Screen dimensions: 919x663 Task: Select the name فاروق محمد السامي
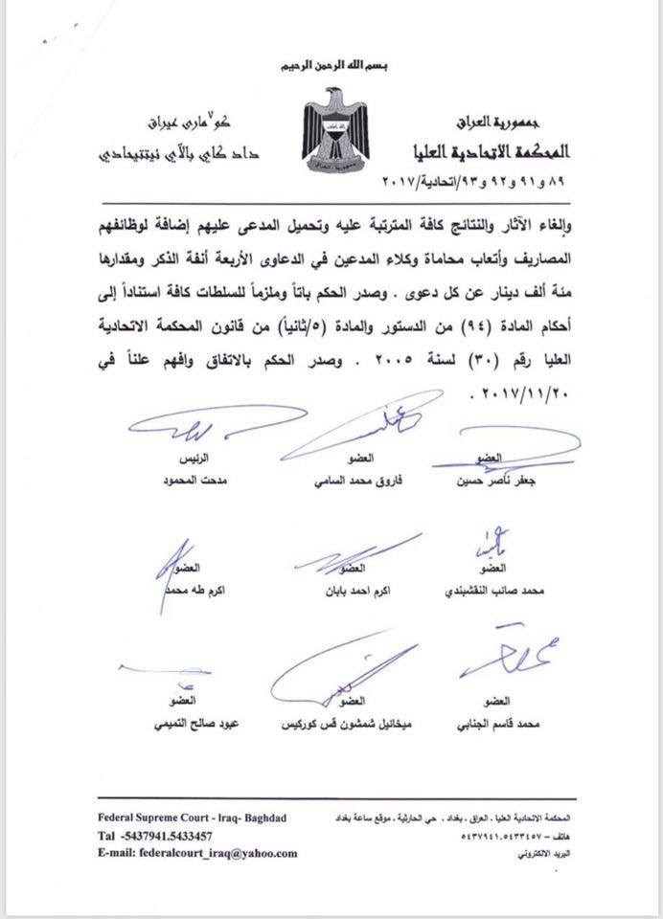342,481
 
